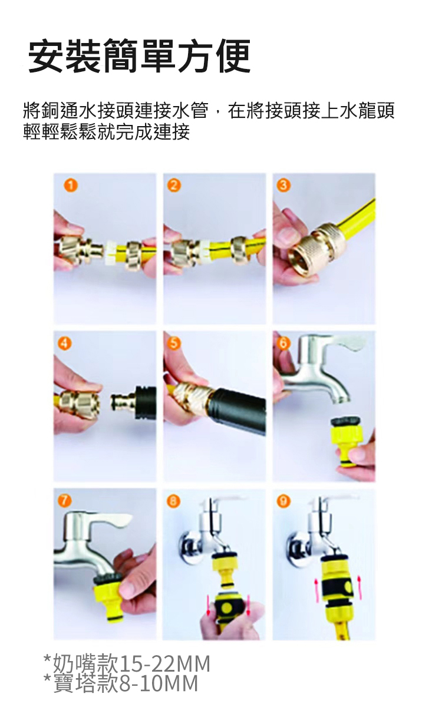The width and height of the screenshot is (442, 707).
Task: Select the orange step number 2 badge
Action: (173, 185)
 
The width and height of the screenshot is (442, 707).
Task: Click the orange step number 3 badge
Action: (284, 185)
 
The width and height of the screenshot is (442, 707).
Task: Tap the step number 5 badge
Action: (173, 342)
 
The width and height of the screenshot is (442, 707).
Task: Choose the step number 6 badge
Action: (284, 342)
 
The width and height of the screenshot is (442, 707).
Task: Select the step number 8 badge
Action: (173, 500)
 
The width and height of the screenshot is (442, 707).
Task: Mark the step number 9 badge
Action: (284, 500)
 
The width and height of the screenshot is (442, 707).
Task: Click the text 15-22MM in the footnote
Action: (165, 664)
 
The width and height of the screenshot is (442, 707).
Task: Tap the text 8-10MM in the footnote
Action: (159, 683)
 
